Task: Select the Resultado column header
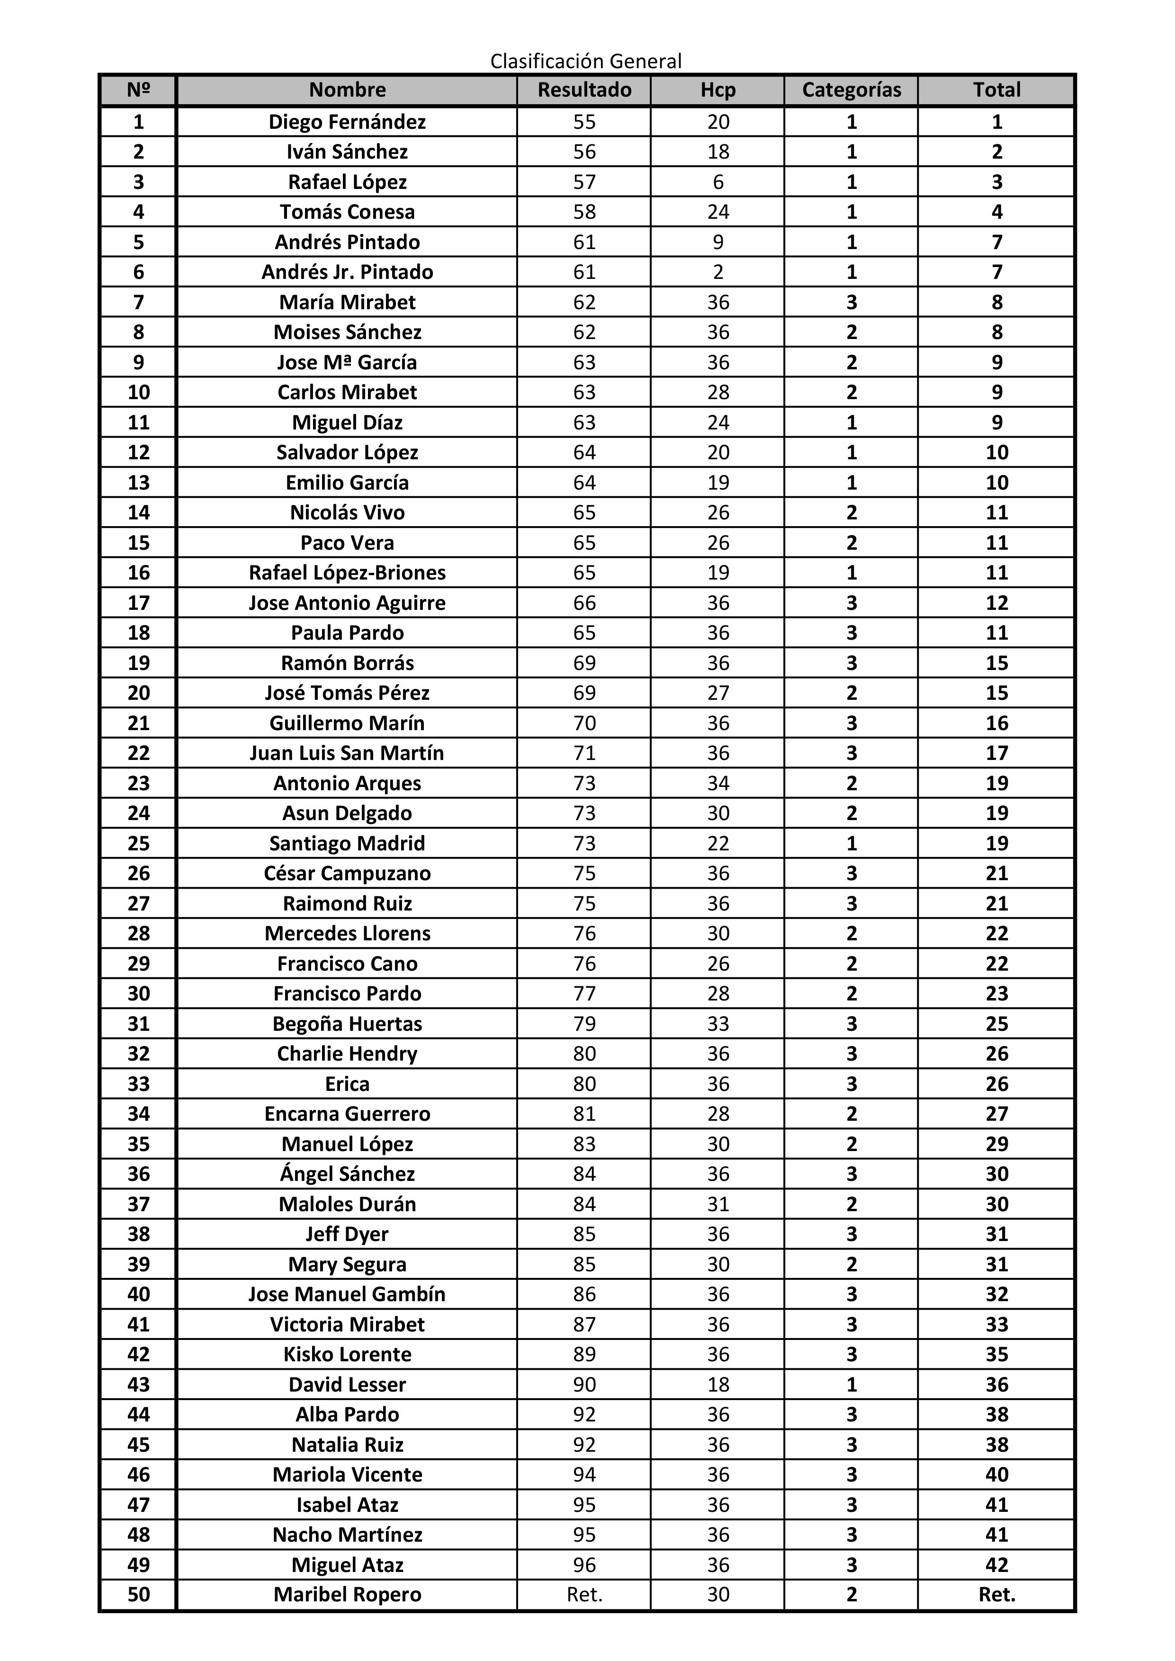(584, 89)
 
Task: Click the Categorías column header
(851, 89)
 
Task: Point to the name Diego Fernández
(347, 122)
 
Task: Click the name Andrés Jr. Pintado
(347, 272)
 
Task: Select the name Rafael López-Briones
(347, 572)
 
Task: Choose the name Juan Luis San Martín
(347, 753)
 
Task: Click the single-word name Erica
(347, 1084)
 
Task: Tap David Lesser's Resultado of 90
(584, 1384)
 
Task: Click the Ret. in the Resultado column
(584, 1594)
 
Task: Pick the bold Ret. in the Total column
(996, 1594)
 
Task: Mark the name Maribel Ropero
(347, 1594)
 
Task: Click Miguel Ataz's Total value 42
(996, 1565)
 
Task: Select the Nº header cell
(138, 89)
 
